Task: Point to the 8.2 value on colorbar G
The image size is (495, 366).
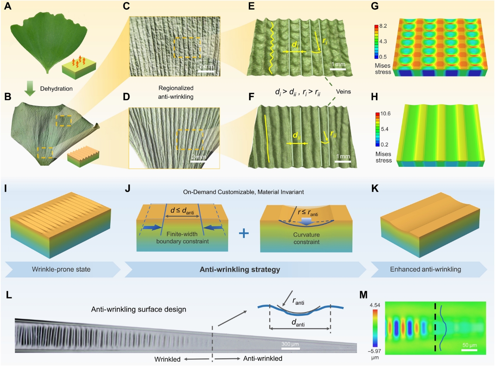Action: (x=384, y=26)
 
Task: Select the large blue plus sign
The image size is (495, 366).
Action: (x=244, y=234)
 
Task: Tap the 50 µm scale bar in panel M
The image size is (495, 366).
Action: (x=469, y=350)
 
